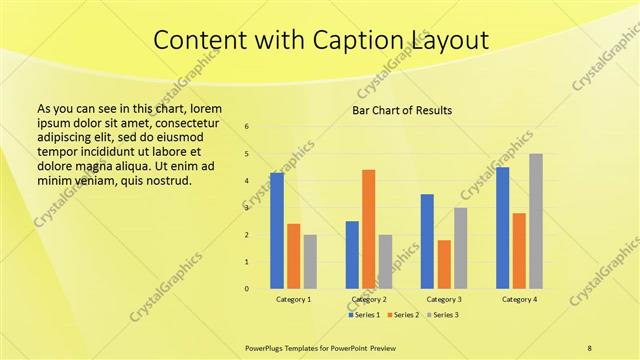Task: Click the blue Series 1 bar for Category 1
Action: tap(277, 231)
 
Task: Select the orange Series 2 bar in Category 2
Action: tap(368, 229)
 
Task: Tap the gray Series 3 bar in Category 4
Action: tap(536, 221)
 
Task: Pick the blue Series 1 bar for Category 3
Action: tap(427, 241)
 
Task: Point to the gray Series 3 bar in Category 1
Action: tap(310, 262)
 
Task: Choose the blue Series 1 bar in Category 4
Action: tap(502, 228)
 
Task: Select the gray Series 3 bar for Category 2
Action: tap(385, 262)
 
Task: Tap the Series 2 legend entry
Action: tap(403, 315)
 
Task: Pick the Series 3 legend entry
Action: tap(444, 315)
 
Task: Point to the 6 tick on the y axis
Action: tap(247, 127)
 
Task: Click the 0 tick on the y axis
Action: tap(247, 289)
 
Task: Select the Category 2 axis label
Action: tap(368, 299)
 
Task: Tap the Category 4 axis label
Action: tap(519, 299)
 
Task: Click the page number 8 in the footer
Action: tap(589, 348)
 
